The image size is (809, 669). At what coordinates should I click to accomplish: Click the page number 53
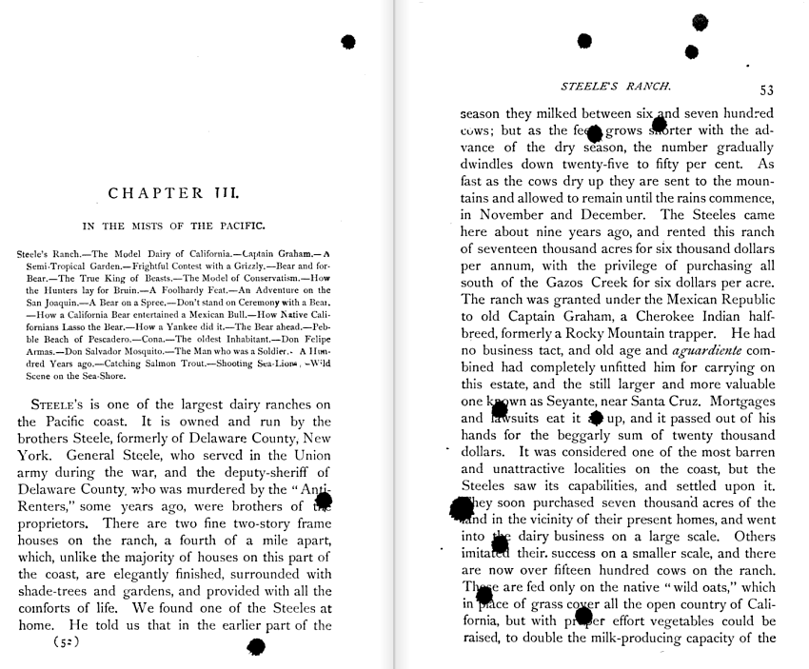tap(766, 90)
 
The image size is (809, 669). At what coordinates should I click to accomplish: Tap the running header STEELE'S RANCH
tap(617, 86)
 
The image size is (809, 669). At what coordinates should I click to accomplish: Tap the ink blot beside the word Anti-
tap(324, 500)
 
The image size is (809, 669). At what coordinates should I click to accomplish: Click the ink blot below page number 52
tap(255, 647)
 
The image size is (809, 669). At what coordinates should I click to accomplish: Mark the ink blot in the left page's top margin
tap(348, 41)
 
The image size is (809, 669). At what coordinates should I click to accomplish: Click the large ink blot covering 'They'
tap(462, 507)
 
